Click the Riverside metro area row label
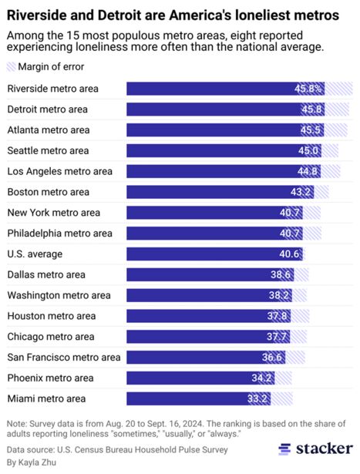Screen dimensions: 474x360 (x=52, y=88)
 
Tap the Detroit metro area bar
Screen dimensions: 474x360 (x=224, y=109)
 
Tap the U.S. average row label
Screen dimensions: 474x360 (x=35, y=254)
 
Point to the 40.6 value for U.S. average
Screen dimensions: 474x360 (x=288, y=254)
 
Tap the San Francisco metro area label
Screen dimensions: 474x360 (x=63, y=358)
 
